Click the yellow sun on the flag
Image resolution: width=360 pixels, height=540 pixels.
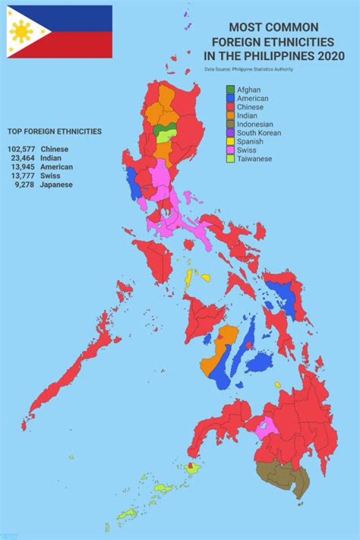21,31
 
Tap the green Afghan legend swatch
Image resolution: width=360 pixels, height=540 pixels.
230,89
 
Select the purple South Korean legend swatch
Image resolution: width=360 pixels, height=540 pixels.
230,133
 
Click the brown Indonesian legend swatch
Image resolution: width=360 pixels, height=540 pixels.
230,124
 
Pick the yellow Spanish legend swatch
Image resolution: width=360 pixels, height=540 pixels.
230,141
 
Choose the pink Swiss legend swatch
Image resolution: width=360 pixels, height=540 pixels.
230,150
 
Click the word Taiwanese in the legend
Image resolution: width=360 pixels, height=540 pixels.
255,159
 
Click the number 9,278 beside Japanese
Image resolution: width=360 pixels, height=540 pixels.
25,184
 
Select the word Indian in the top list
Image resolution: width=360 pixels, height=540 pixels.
51,158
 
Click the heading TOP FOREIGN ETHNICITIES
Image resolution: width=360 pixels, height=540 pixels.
54,131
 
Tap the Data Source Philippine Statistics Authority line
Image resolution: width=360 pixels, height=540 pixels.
248,69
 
